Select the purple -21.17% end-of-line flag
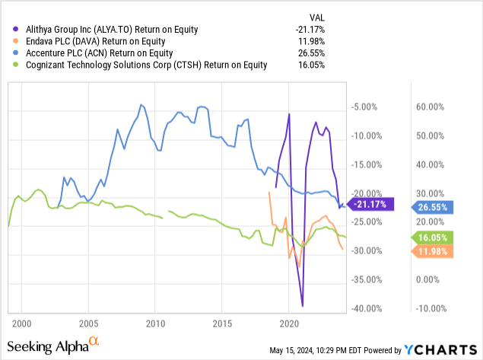click(x=370, y=204)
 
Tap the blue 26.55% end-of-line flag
click(x=434, y=205)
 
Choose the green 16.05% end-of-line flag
click(x=434, y=238)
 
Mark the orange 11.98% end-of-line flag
click(x=434, y=251)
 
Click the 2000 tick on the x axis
click(x=21, y=323)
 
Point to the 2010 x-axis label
click(x=155, y=323)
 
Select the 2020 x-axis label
click(x=289, y=323)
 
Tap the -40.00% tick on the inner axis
click(x=367, y=308)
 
